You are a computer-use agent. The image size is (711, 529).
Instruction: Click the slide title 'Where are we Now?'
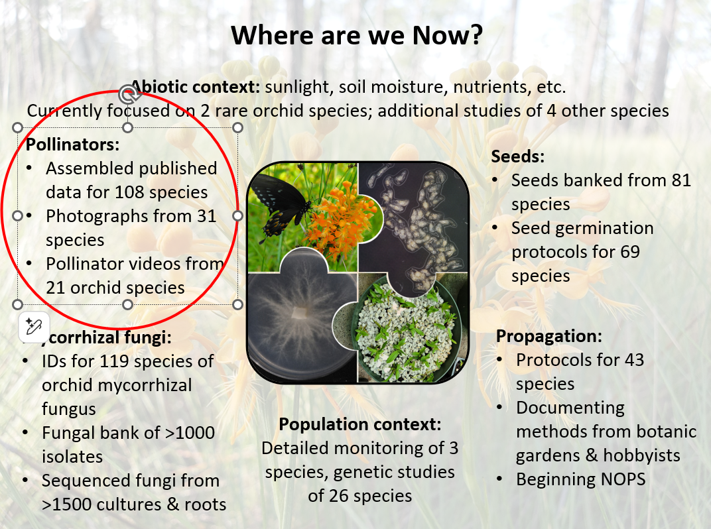pyautogui.click(x=357, y=35)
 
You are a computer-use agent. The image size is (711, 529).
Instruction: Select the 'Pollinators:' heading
pyautogui.click(x=72, y=145)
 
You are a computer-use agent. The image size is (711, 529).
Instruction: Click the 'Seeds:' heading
pyautogui.click(x=518, y=156)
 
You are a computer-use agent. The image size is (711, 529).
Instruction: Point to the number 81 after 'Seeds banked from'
pyautogui.click(x=681, y=180)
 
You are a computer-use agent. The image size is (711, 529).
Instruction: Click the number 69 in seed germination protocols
pyautogui.click(x=629, y=252)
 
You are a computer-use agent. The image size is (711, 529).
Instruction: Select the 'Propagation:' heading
pyautogui.click(x=549, y=336)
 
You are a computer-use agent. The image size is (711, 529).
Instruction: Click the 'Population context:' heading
pyautogui.click(x=360, y=424)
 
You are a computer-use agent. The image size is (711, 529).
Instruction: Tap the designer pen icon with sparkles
pyautogui.click(x=34, y=326)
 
